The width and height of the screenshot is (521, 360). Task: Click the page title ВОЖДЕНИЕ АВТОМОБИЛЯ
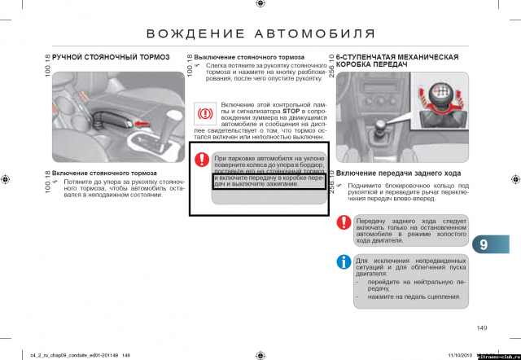click(260, 33)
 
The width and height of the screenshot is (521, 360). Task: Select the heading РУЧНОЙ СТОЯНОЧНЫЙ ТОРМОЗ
click(111, 58)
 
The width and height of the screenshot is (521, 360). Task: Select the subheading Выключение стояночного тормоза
click(250, 58)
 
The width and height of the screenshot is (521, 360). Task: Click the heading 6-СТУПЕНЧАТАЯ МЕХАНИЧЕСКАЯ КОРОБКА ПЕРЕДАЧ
click(399, 61)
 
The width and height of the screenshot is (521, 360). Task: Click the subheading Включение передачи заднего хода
click(399, 173)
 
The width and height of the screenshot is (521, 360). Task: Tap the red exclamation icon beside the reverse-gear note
click(344, 225)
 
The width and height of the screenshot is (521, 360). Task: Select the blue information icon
click(344, 261)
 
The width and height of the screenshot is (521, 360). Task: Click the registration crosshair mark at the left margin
click(7, 178)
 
